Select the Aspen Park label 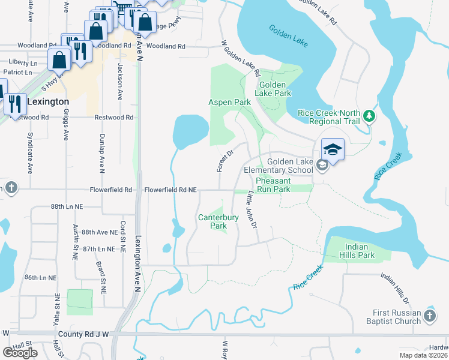229,103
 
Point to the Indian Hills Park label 360,251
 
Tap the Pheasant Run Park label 273,185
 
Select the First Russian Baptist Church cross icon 429,316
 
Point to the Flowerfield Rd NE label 170,190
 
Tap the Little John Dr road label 252,209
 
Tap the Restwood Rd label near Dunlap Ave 113,118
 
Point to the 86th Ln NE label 40,278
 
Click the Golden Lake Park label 273,89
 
